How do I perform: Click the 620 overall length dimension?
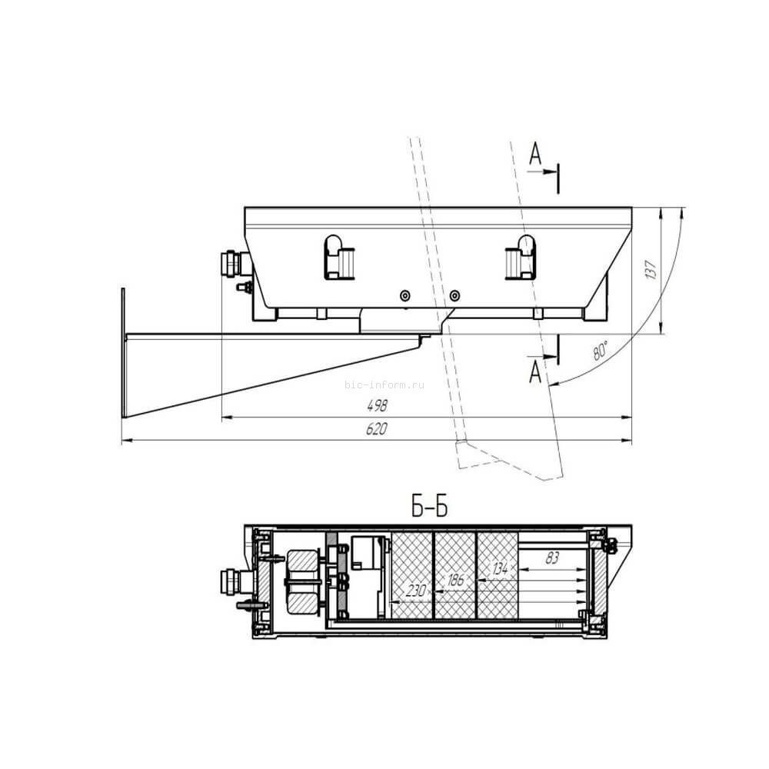click(x=376, y=429)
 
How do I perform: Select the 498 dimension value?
click(x=377, y=405)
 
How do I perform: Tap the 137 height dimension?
click(x=651, y=270)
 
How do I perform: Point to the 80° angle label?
click(x=601, y=350)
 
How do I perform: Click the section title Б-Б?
click(x=429, y=506)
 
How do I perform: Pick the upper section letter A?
click(x=535, y=154)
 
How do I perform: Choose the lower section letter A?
click(x=535, y=372)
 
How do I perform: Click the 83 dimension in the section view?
click(x=551, y=558)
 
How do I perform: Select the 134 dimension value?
click(x=500, y=569)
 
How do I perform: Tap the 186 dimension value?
click(x=455, y=580)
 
